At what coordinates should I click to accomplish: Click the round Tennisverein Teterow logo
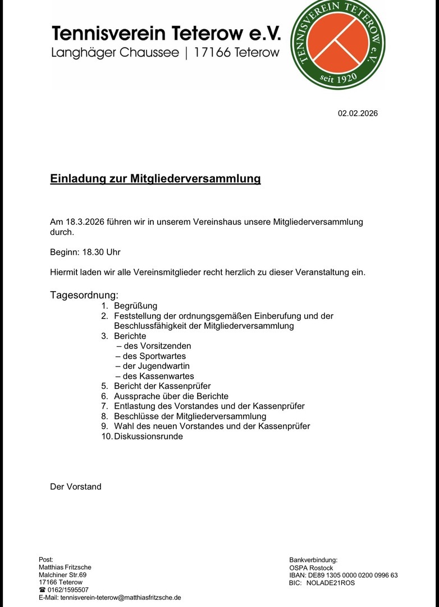tap(337, 45)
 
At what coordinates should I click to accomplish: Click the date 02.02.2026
tap(358, 114)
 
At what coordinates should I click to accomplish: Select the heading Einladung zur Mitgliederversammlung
tap(156, 179)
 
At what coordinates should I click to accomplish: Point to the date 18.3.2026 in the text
tap(84, 222)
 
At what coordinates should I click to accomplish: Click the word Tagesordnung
tap(84, 295)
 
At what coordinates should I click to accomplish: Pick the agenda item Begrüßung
tap(135, 306)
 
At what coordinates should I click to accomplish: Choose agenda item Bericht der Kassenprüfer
tap(162, 386)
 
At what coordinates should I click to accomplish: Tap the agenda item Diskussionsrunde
tap(148, 436)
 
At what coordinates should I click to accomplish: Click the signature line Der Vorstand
tap(76, 487)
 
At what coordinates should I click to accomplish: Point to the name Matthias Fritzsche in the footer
tap(65, 567)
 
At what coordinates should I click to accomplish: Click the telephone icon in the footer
tap(42, 590)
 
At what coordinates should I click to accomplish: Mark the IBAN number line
tap(344, 575)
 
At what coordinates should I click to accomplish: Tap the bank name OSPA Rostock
tap(311, 568)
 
